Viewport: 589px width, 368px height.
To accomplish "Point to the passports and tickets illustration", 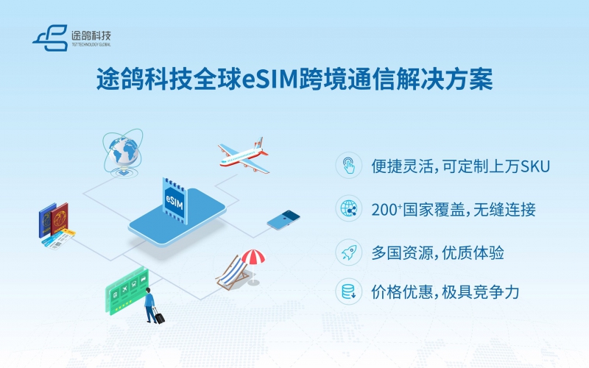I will click(x=55, y=224).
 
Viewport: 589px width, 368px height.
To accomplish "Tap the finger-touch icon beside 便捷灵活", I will click(x=348, y=166).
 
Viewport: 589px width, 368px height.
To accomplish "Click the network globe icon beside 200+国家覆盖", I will click(x=348, y=209).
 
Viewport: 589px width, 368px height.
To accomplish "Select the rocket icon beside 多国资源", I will click(x=348, y=252).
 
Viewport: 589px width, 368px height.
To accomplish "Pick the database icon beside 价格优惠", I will click(x=348, y=292).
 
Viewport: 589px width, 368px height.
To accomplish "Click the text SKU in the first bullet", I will click(x=535, y=166).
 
